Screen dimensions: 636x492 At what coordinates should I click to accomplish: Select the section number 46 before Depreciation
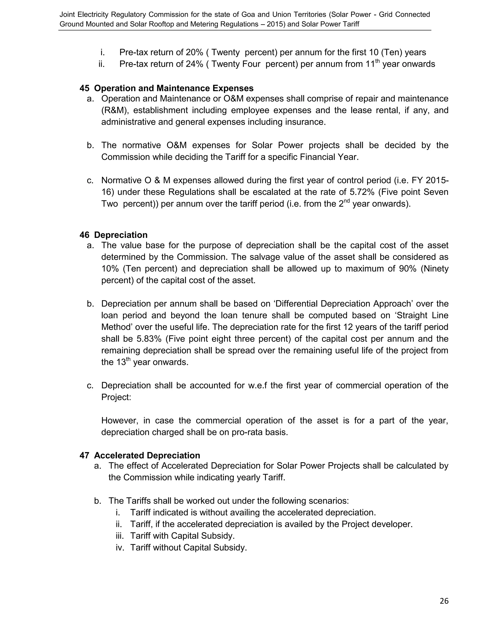pyautogui.click(x=85, y=235)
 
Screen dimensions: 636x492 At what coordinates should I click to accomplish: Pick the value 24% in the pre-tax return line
pyautogui.click(x=194, y=64)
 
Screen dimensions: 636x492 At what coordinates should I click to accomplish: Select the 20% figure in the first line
pyautogui.click(x=194, y=52)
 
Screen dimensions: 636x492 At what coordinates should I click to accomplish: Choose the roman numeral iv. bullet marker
pyautogui.click(x=120, y=547)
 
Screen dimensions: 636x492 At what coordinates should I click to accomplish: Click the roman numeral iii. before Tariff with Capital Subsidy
pyautogui.click(x=120, y=536)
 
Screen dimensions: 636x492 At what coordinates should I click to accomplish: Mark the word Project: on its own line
pyautogui.click(x=116, y=397)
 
